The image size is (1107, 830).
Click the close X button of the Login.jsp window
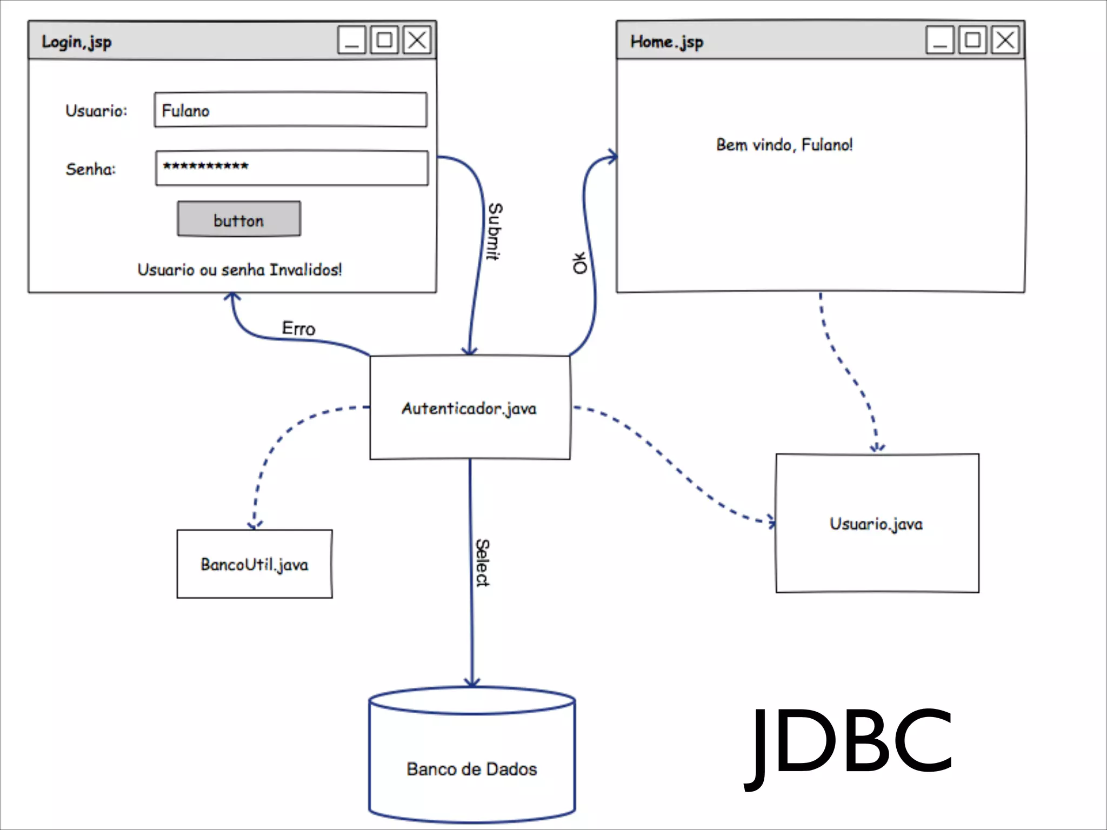417,40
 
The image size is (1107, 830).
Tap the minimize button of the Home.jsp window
940,40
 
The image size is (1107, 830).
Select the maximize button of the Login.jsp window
384,40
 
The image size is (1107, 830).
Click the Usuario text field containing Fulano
290,110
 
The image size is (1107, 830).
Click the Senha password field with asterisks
291,168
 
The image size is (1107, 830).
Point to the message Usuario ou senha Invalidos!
239,270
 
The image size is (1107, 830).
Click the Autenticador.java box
469,408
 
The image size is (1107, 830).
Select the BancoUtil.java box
255,564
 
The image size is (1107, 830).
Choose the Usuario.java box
877,523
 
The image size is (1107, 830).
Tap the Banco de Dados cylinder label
472,769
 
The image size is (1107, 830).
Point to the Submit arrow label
495,231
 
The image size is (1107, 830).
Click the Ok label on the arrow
579,263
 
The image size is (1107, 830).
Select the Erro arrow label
298,328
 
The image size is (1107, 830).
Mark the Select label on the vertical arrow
482,563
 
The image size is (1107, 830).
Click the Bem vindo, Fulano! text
784,145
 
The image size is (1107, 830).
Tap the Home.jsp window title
666,42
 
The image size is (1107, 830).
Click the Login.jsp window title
77,42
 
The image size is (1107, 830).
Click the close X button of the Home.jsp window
1005,40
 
